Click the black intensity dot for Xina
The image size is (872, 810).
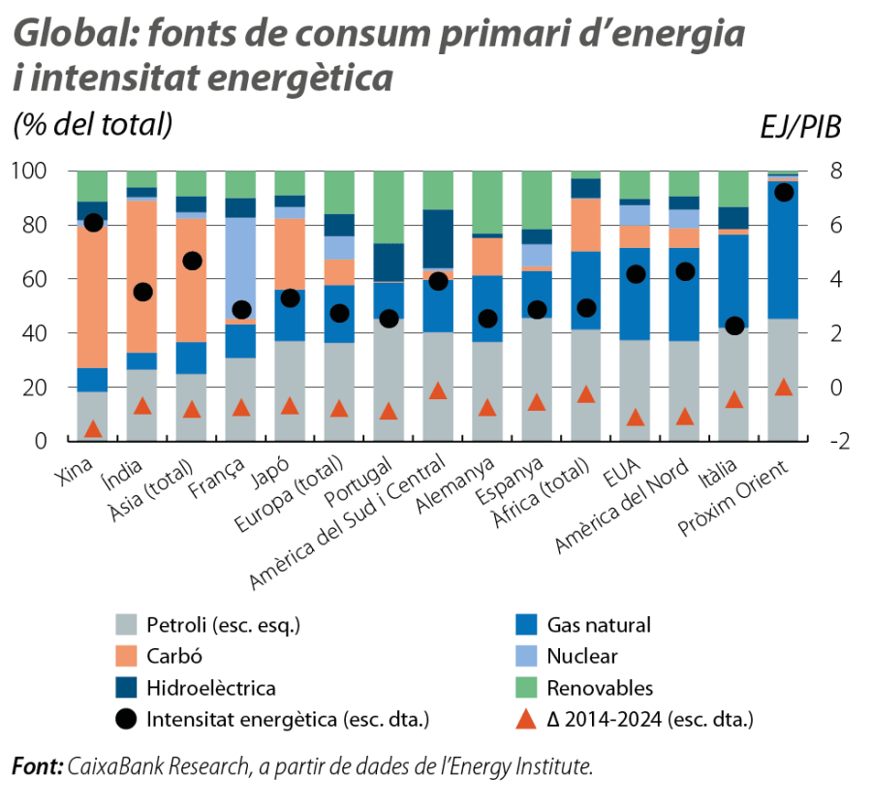pos(93,222)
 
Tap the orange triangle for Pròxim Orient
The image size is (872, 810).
pos(783,388)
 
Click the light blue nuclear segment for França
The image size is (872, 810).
pos(241,266)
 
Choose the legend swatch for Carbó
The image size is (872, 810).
pos(126,656)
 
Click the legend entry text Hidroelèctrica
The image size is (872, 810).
pos(211,688)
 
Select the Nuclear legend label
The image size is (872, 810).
pos(581,656)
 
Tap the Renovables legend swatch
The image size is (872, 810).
pos(527,688)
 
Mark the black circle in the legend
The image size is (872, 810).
pos(126,719)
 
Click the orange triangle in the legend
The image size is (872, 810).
pos(527,719)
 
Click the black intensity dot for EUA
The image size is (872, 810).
pos(635,274)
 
